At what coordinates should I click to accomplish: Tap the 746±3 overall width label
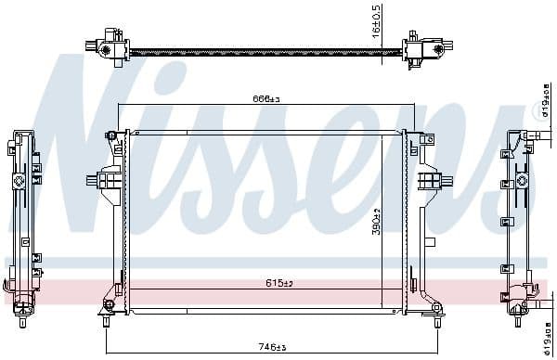click(270, 348)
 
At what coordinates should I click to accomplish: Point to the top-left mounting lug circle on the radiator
click(111, 136)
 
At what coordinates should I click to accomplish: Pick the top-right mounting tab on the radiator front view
click(426, 138)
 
